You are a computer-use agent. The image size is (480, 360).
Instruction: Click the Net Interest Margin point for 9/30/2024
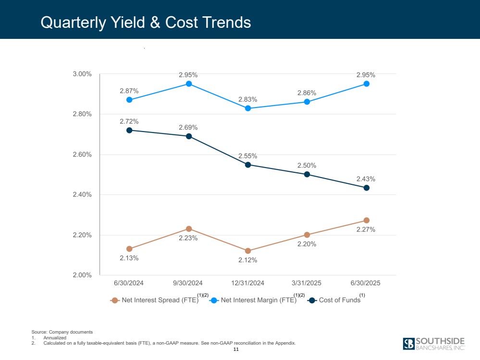tap(189, 84)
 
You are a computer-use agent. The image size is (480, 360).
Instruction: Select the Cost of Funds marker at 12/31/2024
tap(248, 165)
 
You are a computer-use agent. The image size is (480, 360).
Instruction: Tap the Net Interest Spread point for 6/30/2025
tap(366, 220)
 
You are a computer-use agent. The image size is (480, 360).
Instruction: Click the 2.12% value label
tap(248, 260)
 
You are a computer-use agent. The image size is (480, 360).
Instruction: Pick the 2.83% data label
tap(248, 99)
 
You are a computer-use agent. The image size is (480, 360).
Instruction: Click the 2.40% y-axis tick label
tap(82, 195)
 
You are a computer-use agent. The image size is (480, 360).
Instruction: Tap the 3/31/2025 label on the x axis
tap(307, 283)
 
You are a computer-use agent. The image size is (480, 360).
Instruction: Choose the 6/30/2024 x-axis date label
tap(129, 283)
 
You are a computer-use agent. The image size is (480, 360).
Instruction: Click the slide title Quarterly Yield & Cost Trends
tap(146, 22)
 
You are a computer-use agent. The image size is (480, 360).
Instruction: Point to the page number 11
tap(236, 349)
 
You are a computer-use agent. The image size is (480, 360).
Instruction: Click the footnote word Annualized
tap(55, 338)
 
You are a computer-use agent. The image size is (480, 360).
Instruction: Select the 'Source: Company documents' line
tap(62, 332)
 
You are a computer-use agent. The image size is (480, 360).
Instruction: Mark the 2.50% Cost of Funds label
tap(307, 165)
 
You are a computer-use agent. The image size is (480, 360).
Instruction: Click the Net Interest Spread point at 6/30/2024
tap(129, 249)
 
